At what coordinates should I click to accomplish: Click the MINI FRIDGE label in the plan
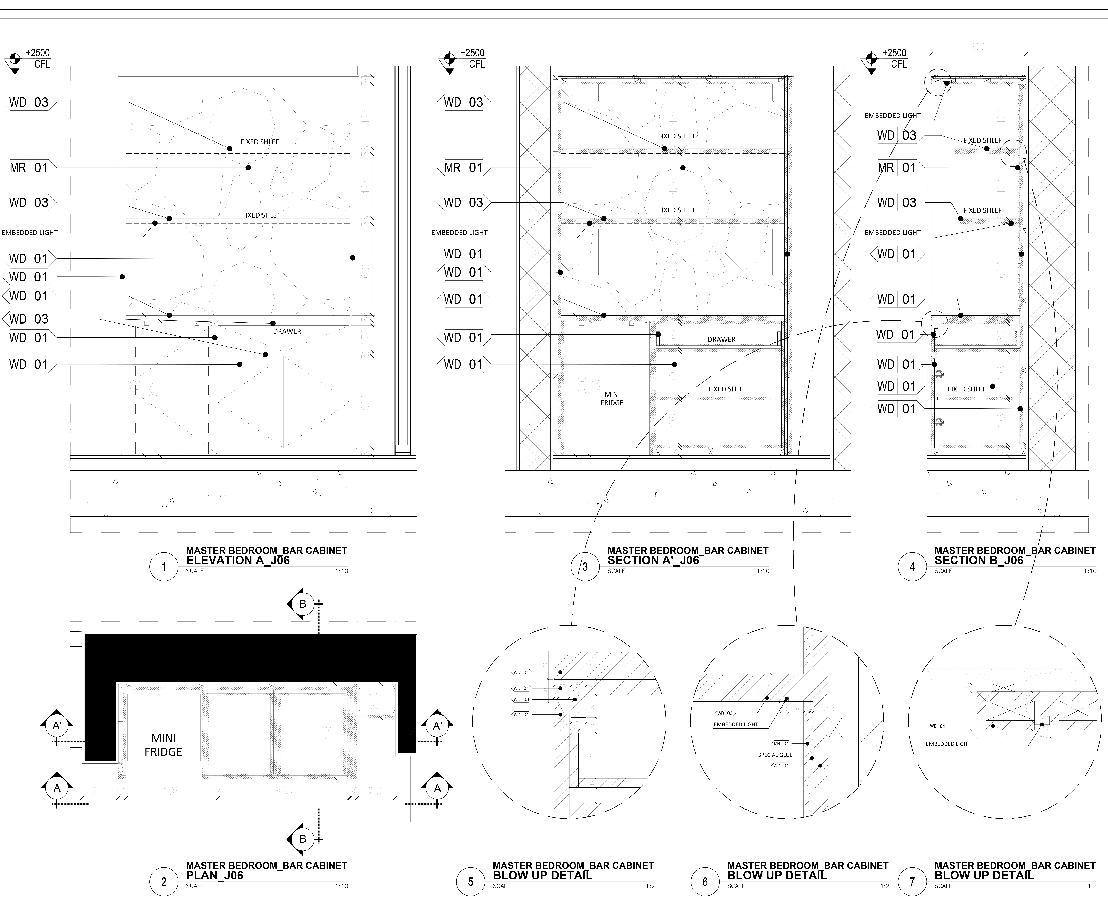click(163, 745)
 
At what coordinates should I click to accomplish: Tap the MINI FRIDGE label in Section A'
click(612, 398)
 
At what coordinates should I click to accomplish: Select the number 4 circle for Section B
click(912, 567)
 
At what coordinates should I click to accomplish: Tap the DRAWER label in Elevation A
click(287, 331)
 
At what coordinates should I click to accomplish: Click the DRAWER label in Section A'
click(722, 339)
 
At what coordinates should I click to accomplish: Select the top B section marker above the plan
click(303, 604)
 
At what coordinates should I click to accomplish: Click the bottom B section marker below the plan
click(303, 839)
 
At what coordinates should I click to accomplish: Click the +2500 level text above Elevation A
click(38, 53)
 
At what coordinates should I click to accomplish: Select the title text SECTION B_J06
click(979, 560)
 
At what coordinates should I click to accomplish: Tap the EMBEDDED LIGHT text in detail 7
click(948, 744)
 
